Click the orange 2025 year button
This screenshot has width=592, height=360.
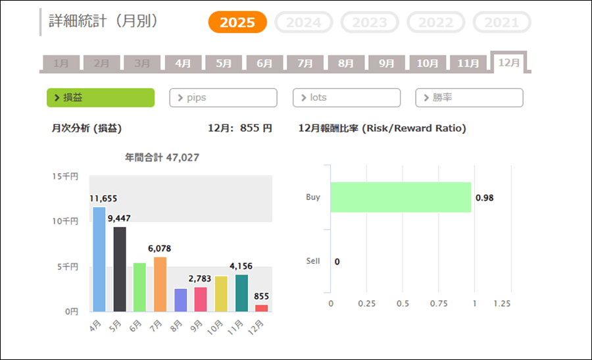coord(237,22)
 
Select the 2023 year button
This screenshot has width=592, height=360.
coord(370,22)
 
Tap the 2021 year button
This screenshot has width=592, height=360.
coord(501,22)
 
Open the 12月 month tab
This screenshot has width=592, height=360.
coord(509,63)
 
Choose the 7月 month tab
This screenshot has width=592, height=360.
coord(305,64)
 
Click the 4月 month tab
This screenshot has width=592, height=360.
coord(183,64)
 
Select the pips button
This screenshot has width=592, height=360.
coord(223,97)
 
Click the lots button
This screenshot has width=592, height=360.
coord(346,97)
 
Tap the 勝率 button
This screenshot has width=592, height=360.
coord(469,97)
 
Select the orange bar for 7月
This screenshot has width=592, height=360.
coord(160,284)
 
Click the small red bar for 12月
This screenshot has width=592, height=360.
coord(262,307)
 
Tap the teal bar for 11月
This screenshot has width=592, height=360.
coord(241,292)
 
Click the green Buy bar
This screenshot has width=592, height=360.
coord(401,197)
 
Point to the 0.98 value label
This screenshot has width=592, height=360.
coord(483,197)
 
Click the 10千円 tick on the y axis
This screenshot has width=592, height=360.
coord(66,221)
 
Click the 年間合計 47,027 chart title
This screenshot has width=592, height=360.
coord(162,157)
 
